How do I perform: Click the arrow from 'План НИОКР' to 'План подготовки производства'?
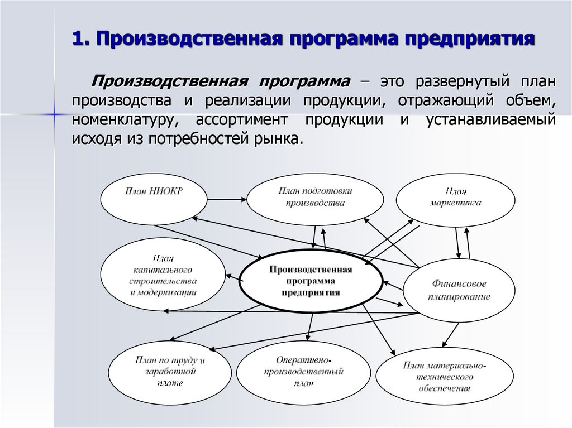227,197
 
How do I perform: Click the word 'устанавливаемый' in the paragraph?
492,120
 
